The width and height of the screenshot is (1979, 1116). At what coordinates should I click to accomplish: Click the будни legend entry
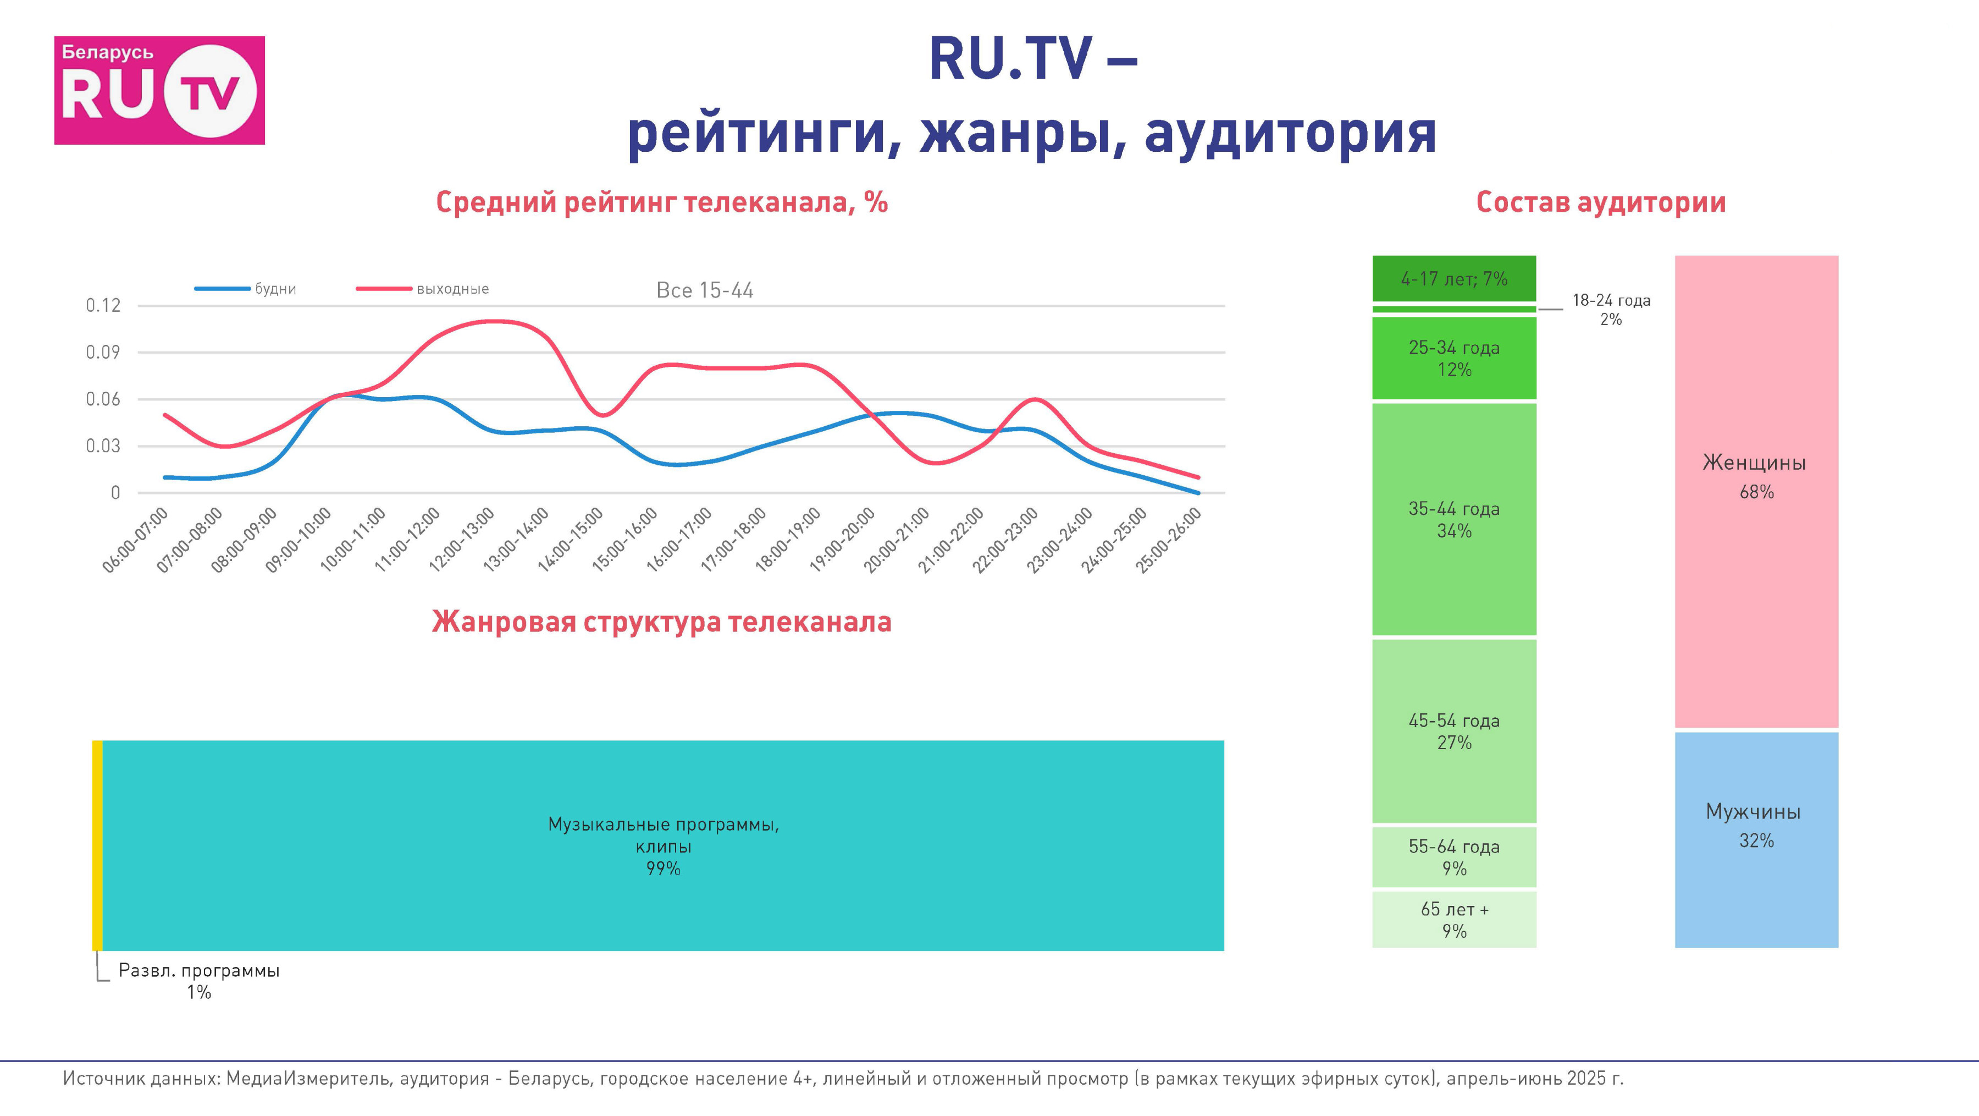[x=245, y=289]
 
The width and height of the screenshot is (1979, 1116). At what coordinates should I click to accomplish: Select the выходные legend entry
[x=423, y=289]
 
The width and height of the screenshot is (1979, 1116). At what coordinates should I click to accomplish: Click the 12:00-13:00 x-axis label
[x=462, y=540]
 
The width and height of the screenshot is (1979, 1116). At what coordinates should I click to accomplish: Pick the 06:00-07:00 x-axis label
[x=135, y=540]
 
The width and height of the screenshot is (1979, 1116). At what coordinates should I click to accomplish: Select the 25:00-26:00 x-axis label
[x=1169, y=540]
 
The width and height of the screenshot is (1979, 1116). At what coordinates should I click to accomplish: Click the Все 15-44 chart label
[x=705, y=290]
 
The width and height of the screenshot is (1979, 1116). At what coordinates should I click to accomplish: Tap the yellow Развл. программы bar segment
[x=97, y=845]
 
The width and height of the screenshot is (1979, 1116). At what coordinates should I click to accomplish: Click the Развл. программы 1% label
[x=199, y=981]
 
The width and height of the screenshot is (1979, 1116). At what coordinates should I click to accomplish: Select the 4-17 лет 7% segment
[x=1454, y=278]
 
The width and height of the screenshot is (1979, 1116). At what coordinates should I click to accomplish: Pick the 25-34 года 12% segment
[x=1454, y=358]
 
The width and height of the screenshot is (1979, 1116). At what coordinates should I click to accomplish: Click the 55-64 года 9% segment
[x=1454, y=857]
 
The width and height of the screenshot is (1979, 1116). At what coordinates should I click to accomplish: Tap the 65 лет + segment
[x=1454, y=919]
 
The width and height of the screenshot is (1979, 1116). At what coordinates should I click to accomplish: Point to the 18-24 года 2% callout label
[x=1611, y=309]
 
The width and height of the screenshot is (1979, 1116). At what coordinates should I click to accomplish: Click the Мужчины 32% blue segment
[x=1756, y=839]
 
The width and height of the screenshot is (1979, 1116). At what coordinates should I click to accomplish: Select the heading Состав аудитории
[x=1601, y=202]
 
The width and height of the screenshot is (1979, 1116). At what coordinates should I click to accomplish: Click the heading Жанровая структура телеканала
[x=661, y=622]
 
